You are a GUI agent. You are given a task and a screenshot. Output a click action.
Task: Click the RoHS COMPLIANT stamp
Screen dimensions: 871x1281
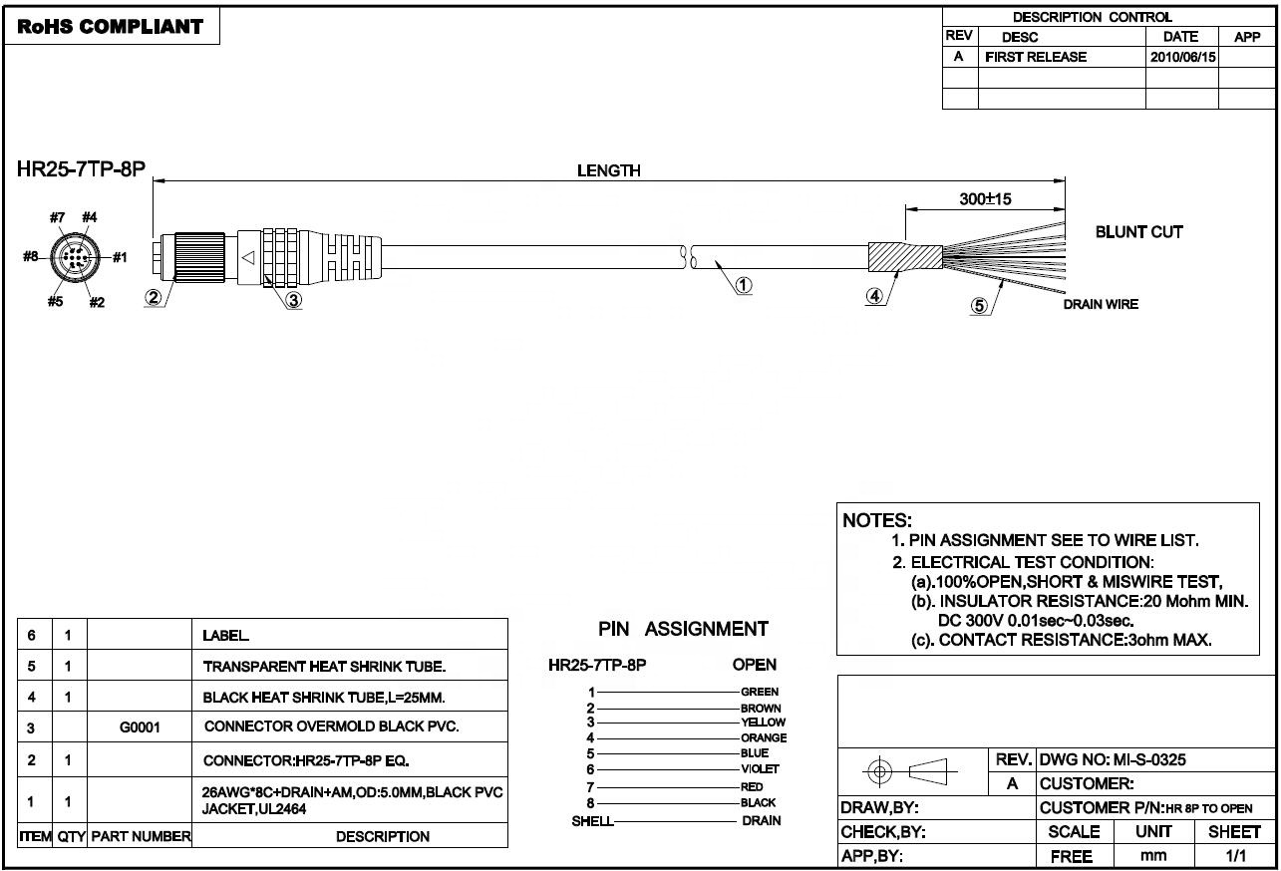[x=110, y=27]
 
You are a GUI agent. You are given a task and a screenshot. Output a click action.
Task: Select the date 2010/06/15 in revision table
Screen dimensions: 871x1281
[x=1182, y=58]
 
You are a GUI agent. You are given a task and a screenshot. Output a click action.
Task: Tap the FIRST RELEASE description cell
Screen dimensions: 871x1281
[x=1036, y=58]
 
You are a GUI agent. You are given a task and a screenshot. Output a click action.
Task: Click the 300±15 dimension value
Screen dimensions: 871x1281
[x=985, y=199]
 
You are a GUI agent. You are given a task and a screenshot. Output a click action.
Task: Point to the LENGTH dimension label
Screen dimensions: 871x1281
[x=608, y=170]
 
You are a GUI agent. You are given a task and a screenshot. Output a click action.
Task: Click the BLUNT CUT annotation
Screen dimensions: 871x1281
[x=1138, y=232]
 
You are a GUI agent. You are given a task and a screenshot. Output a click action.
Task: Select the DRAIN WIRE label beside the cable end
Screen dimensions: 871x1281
[x=1100, y=304]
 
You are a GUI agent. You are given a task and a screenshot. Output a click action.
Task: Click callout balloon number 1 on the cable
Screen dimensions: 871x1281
[x=744, y=285]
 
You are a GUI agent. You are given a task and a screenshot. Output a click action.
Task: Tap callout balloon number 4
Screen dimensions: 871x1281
[x=873, y=296]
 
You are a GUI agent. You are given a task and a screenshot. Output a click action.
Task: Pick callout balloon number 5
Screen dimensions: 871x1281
[x=979, y=306]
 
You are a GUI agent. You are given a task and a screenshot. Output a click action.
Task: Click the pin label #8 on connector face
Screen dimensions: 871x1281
[x=32, y=256]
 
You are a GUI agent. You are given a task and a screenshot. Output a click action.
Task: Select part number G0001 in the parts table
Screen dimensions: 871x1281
[x=140, y=727]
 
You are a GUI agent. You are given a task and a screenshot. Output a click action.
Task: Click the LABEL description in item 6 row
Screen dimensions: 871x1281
[x=227, y=635]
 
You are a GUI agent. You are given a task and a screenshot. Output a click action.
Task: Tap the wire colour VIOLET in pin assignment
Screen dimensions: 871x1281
[x=760, y=769]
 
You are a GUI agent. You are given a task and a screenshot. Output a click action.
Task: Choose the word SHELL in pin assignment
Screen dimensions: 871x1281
[x=592, y=821]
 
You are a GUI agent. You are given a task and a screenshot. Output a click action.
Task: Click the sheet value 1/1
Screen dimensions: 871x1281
[x=1234, y=856]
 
